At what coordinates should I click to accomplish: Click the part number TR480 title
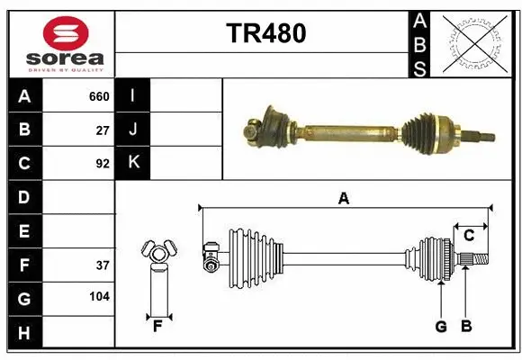pos(266,33)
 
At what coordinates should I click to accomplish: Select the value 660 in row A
pos(99,96)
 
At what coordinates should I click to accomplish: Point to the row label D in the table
pos(23,197)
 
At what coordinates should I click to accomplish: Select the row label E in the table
pos(23,231)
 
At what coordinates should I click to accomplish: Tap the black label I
pos(133,96)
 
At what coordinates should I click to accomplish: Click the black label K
pos(133,163)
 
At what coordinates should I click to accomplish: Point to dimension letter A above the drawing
pos(343,199)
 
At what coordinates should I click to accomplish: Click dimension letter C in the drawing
pos(469,235)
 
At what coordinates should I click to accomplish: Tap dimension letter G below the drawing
pos(440,327)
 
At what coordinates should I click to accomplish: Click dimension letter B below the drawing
pos(465,327)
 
